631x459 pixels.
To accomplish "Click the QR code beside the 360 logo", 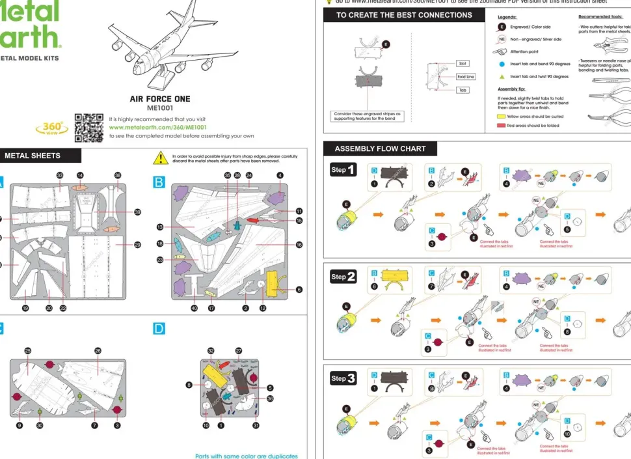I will click(x=88, y=128).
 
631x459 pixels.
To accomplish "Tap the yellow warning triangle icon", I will click(x=160, y=158).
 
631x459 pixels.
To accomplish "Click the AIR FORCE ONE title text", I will click(x=159, y=99).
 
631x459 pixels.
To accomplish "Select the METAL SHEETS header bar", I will click(x=40, y=156).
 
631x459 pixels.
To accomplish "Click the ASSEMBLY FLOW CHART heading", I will click(x=380, y=148).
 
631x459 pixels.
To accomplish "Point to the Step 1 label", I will click(x=343, y=170).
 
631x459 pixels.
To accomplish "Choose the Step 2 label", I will click(x=343, y=277).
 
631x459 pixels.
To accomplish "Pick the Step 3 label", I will click(x=343, y=378).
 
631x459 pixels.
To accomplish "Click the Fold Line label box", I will click(x=465, y=77).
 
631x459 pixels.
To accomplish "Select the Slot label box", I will click(x=463, y=64).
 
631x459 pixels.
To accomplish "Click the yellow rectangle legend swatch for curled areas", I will click(x=501, y=116).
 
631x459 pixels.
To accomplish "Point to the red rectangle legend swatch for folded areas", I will click(x=501, y=125).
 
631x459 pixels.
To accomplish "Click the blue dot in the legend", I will click(x=502, y=64).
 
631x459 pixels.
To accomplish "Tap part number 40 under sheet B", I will click(x=194, y=308).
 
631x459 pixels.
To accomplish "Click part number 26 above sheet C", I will click(x=98, y=351).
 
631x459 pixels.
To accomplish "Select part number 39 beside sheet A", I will click(x=137, y=212).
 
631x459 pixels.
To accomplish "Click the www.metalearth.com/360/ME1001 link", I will click(x=148, y=128).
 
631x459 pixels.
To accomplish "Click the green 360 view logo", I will click(x=51, y=128).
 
